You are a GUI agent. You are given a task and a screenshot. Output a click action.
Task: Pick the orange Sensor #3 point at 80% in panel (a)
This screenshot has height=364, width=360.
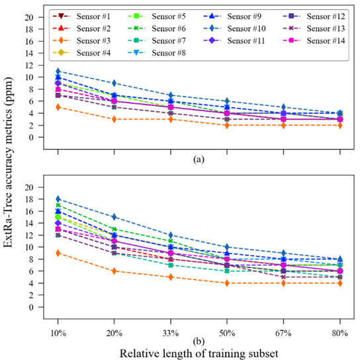(340, 125)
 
